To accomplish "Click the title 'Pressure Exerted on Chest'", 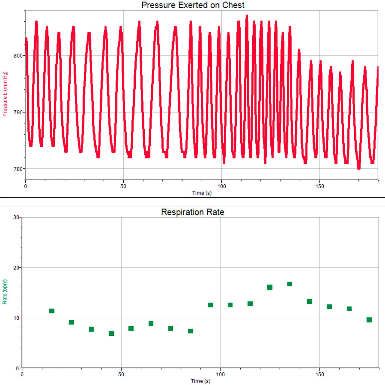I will point(193,5).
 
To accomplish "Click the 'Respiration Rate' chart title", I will point(192,212).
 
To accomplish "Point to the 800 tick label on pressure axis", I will point(18,56).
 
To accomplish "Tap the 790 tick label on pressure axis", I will point(18,112).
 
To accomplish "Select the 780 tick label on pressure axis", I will point(18,169).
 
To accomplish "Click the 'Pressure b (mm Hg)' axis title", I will point(5,94).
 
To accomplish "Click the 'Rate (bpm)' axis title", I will point(5,292).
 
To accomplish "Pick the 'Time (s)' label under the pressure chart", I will point(202,193).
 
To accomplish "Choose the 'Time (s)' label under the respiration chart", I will point(201,381).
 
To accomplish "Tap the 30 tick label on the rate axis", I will point(16,217).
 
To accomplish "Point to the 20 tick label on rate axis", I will point(16,268).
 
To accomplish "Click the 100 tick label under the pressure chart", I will point(222,186).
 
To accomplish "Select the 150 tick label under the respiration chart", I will point(320,374).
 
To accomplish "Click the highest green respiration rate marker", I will point(290,284).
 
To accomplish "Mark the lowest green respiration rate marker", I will point(111,333).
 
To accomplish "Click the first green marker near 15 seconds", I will point(52,311).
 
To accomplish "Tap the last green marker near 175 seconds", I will point(369,320).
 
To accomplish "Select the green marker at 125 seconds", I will point(270,287).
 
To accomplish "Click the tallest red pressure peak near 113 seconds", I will point(247,16).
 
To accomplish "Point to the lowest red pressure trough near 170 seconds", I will point(359,168).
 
